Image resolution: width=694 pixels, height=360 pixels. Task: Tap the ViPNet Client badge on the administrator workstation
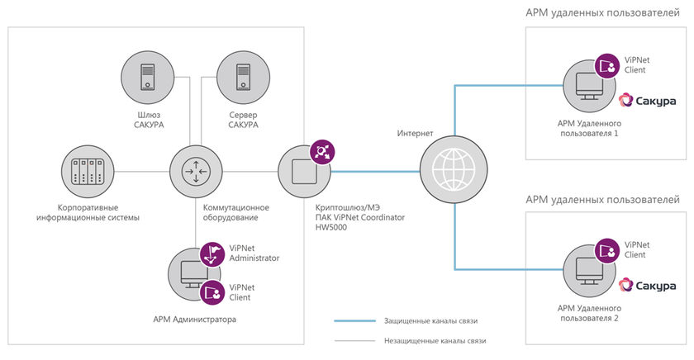point(213,291)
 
